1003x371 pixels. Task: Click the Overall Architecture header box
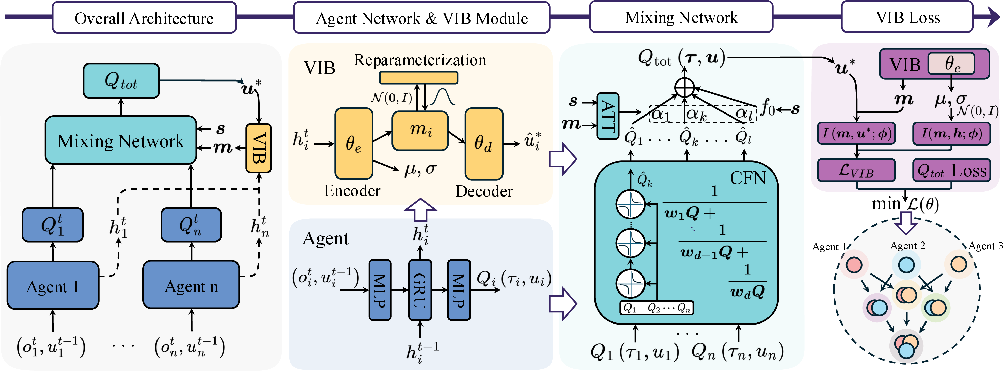point(144,18)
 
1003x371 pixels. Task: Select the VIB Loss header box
point(907,18)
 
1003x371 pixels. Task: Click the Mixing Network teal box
point(121,140)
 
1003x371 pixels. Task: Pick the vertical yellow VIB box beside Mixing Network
point(259,148)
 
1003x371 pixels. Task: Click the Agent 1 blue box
point(53,286)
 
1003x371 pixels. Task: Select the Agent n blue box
point(191,285)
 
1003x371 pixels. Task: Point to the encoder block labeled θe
point(354,144)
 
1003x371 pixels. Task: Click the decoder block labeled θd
point(484,144)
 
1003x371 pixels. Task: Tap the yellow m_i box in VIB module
point(420,131)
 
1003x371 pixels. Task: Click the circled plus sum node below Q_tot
point(684,87)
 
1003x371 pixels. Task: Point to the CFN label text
point(748,178)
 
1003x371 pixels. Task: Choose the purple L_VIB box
point(856,170)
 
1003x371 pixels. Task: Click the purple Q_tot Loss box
point(951,170)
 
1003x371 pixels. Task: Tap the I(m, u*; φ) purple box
point(856,134)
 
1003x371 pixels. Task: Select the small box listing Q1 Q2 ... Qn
point(656,308)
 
